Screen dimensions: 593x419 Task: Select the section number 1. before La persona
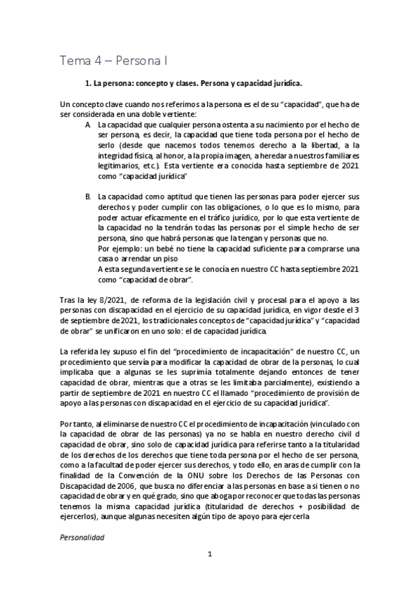click(87, 83)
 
